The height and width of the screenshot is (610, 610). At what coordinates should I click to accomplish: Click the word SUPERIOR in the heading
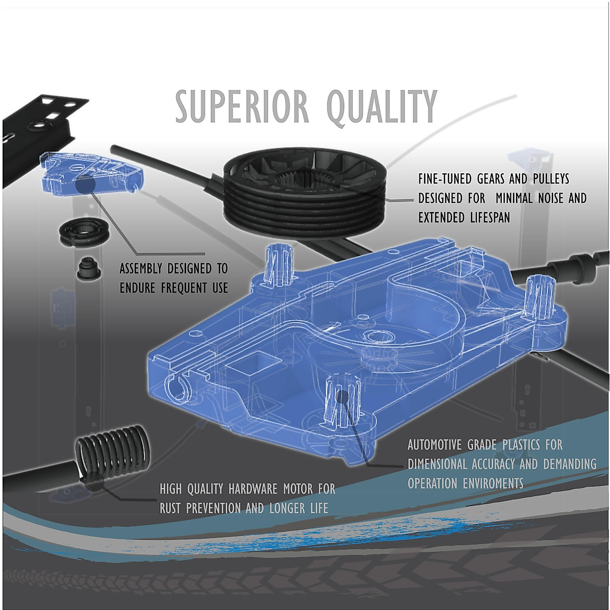point(242,107)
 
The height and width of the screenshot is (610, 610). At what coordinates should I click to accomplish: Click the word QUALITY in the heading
point(381,107)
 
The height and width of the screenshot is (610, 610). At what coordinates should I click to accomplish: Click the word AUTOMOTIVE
point(437,445)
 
